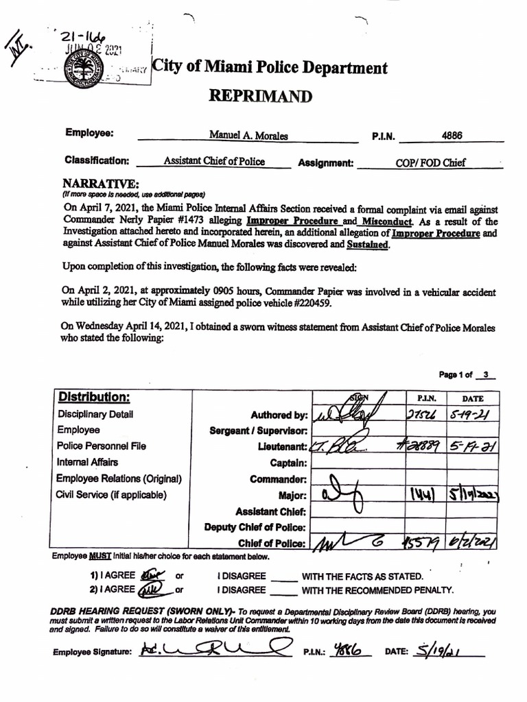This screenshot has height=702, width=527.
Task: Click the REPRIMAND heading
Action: [260, 96]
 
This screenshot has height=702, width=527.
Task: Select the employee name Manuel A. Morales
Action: [248, 136]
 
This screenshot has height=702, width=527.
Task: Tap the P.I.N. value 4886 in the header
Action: [452, 135]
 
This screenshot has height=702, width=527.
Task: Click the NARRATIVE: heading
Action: [101, 184]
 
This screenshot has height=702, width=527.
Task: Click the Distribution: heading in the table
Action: [94, 398]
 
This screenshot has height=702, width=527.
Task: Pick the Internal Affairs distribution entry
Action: [88, 462]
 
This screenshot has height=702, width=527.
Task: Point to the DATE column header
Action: [472, 398]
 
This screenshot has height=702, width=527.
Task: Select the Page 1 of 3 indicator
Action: [467, 374]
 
